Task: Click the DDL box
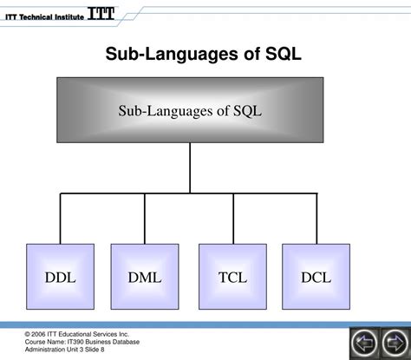pos(60,278)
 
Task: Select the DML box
pos(145,278)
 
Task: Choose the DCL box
pos(316,278)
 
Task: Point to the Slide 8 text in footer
pos(90,350)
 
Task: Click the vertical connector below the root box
pos(189,167)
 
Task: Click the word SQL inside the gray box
pos(245,111)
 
